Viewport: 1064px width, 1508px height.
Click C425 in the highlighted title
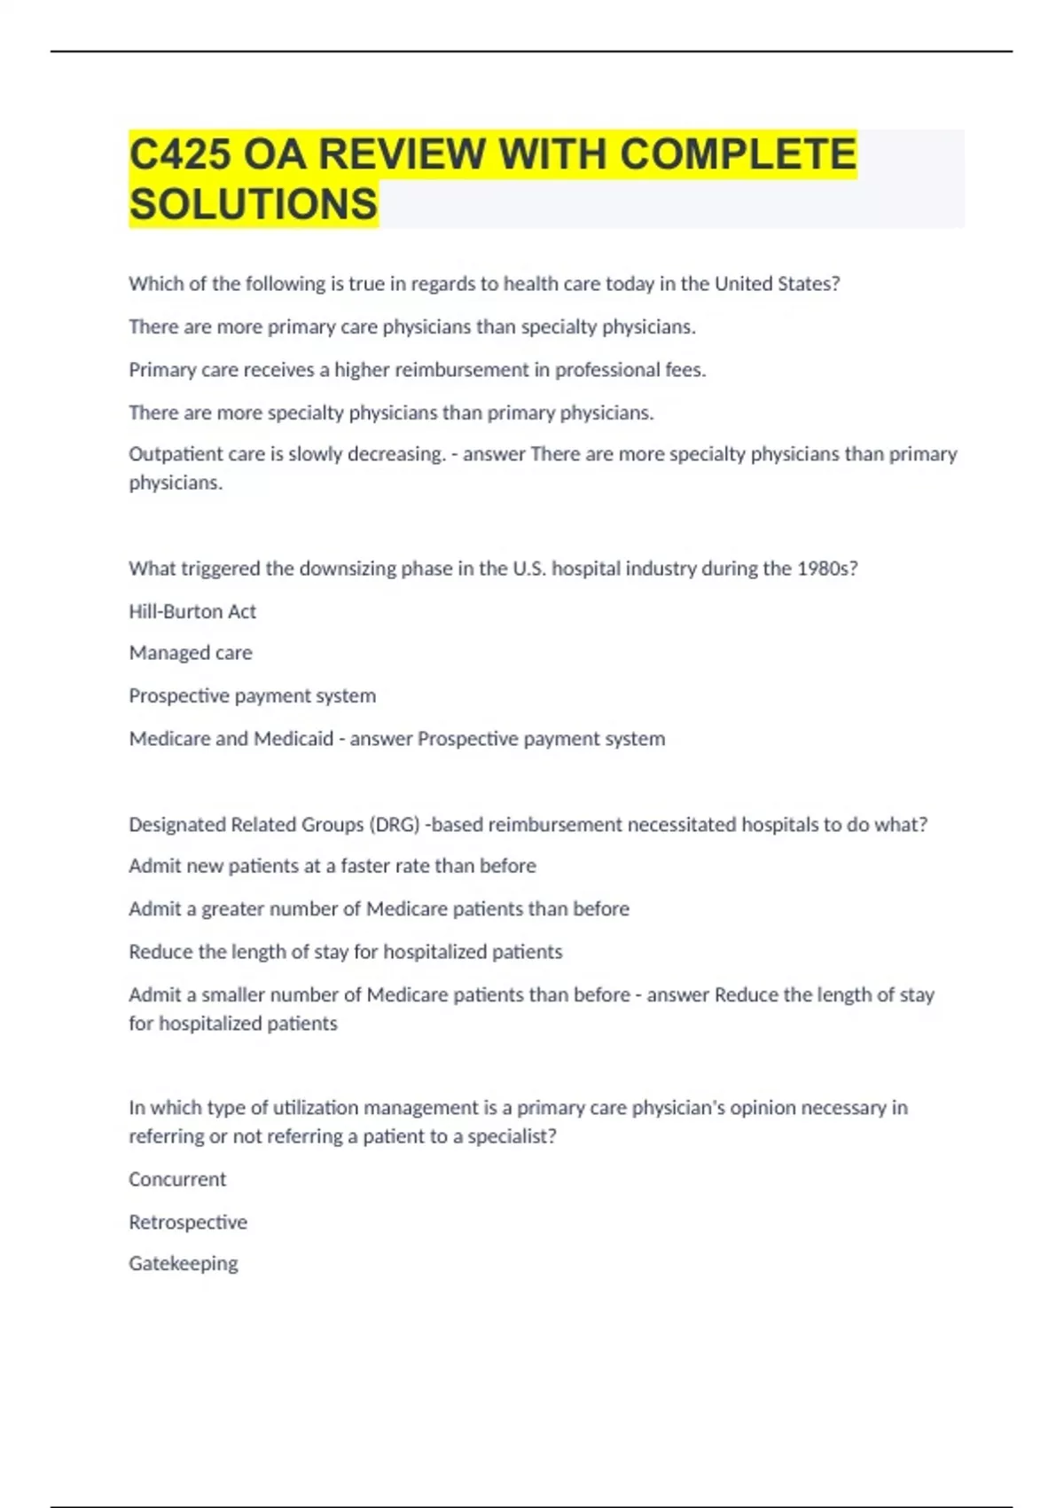point(181,154)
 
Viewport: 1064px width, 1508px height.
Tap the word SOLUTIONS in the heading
point(254,204)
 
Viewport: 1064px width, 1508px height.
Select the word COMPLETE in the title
point(738,154)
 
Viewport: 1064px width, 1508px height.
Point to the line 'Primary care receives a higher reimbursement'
point(417,370)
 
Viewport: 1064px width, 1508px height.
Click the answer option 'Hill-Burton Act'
point(192,611)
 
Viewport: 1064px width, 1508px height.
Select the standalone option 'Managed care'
point(191,653)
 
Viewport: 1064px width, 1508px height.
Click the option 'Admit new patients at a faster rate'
point(332,866)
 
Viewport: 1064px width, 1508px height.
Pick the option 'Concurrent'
point(177,1180)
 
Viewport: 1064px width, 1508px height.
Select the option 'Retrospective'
point(188,1222)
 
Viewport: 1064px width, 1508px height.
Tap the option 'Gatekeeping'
point(184,1263)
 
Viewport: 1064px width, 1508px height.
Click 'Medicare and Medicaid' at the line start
point(231,739)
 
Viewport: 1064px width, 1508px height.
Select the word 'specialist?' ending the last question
point(512,1136)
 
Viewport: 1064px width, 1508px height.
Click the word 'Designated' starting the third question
point(176,825)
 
